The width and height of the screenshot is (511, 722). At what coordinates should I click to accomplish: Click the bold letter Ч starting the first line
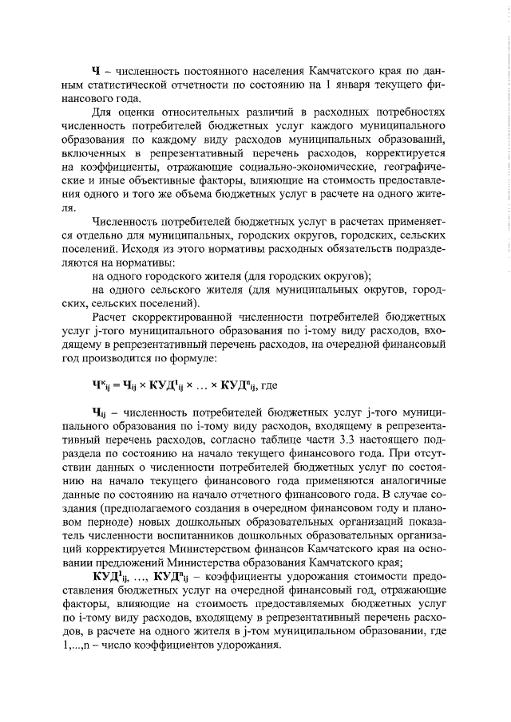(97, 71)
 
